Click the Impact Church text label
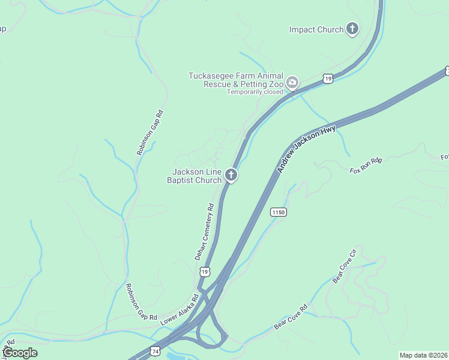(x=316, y=29)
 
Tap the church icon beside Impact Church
(x=352, y=29)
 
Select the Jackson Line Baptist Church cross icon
(x=231, y=175)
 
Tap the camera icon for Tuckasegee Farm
(x=292, y=83)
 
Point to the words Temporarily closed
(x=255, y=92)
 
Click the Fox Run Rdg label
(x=366, y=165)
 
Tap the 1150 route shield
(x=278, y=212)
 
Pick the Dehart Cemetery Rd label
(x=205, y=232)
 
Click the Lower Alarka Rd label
(x=179, y=310)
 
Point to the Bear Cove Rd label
(x=291, y=317)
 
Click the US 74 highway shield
(x=155, y=351)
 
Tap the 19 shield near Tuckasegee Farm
(x=327, y=78)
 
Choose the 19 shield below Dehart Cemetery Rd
(x=205, y=272)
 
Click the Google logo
(x=20, y=353)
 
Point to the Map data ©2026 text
(x=424, y=355)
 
